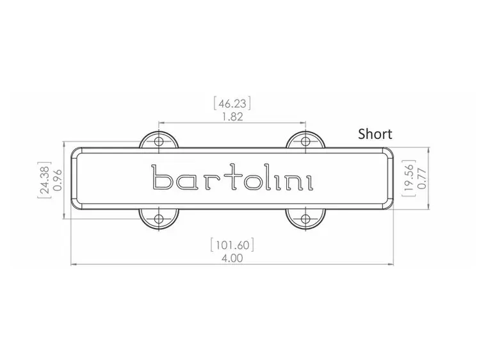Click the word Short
click(x=375, y=134)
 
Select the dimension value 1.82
click(x=231, y=117)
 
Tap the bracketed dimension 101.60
click(x=232, y=245)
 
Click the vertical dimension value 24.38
click(x=43, y=181)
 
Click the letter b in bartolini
click(x=161, y=179)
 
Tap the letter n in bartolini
click(x=293, y=182)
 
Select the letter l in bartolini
click(x=269, y=178)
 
